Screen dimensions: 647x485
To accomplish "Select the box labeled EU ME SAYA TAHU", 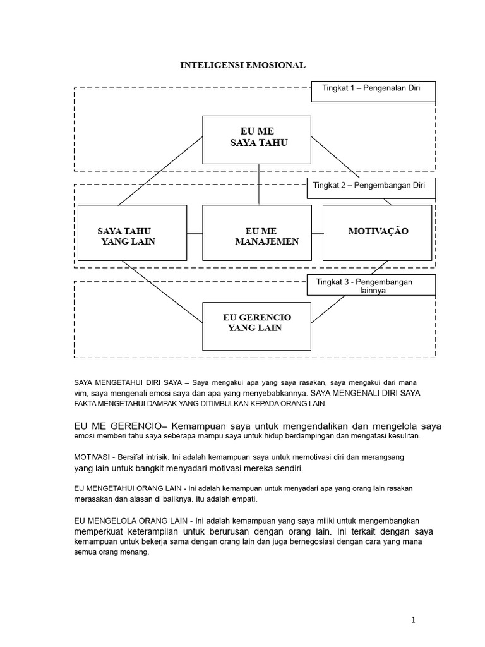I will pos(256,140).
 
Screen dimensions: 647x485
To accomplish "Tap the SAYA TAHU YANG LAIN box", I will pos(131,233).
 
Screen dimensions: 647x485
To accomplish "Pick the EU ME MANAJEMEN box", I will pos(256,233).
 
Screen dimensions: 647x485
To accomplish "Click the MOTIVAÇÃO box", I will pos(378,232).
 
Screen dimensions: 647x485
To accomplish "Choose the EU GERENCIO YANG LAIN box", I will pos(256,325).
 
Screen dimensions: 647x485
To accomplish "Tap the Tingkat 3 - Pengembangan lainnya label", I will pos(372,286).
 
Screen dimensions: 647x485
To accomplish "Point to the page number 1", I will pos(413,619).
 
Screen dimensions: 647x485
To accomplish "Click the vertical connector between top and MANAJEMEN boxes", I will pos(258,184).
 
